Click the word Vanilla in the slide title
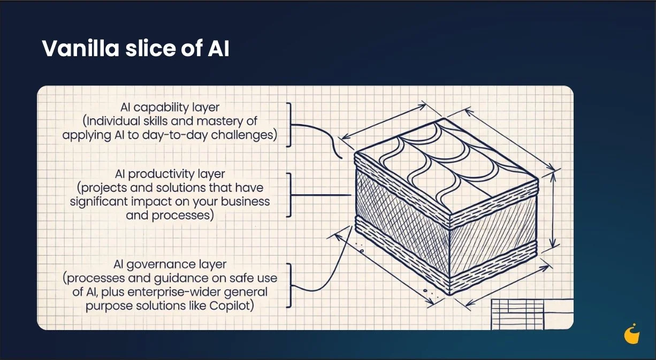[79, 49]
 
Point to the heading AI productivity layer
[170, 175]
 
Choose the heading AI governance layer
[170, 265]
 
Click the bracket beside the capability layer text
[289, 125]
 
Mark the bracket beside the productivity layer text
[289, 195]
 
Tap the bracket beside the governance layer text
[289, 286]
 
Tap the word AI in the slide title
[217, 49]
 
